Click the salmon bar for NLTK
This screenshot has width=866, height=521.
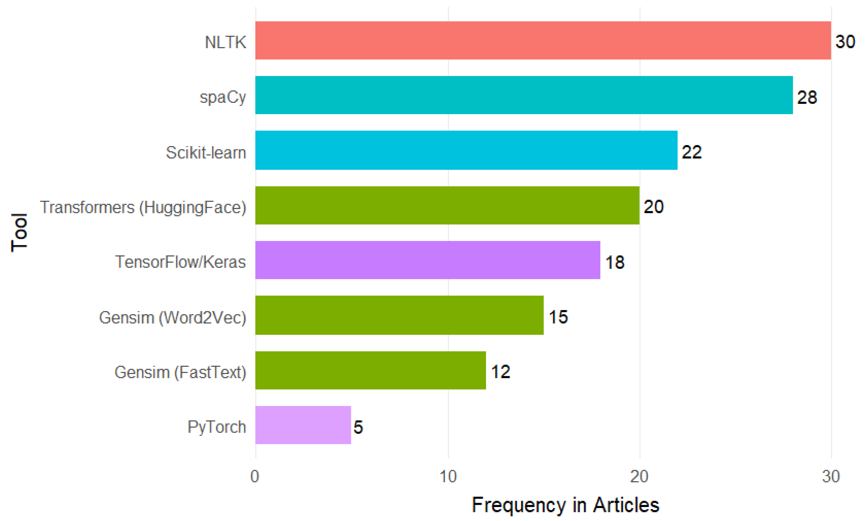click(x=543, y=40)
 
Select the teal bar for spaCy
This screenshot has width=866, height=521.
click(x=524, y=95)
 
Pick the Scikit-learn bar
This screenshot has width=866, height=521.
click(x=466, y=150)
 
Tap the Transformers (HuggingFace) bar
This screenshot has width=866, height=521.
click(x=447, y=205)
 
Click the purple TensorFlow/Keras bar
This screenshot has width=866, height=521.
click(x=428, y=260)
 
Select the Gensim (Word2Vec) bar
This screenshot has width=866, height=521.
click(x=399, y=315)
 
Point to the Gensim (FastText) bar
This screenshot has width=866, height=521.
click(x=370, y=370)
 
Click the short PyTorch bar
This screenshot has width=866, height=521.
click(x=303, y=425)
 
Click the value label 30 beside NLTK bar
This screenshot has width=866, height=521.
click(x=845, y=42)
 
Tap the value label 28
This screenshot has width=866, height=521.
click(x=807, y=97)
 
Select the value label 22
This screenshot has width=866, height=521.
click(x=691, y=152)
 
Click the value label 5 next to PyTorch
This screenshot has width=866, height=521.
click(x=358, y=427)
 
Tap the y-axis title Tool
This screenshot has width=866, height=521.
click(x=19, y=232)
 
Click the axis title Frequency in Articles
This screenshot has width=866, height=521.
click(x=565, y=505)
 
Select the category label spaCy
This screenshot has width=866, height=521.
click(x=223, y=97)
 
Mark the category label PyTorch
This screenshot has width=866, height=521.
click(x=217, y=427)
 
